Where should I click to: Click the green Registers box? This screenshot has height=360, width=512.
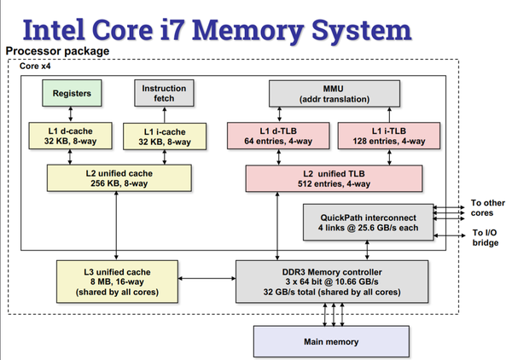72,93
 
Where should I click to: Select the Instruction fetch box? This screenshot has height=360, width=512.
157,93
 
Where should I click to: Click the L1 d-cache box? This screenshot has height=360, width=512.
72,136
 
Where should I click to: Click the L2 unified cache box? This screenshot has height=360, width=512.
115,178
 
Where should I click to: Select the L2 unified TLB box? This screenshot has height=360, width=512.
334,178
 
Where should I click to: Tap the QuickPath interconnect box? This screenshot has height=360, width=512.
369,222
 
